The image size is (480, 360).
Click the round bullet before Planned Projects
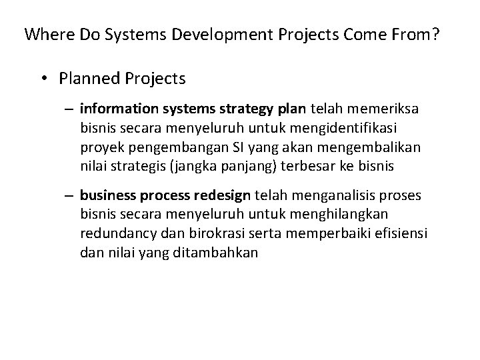pyautogui.click(x=43, y=79)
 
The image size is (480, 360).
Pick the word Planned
pyautogui.click(x=87, y=79)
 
